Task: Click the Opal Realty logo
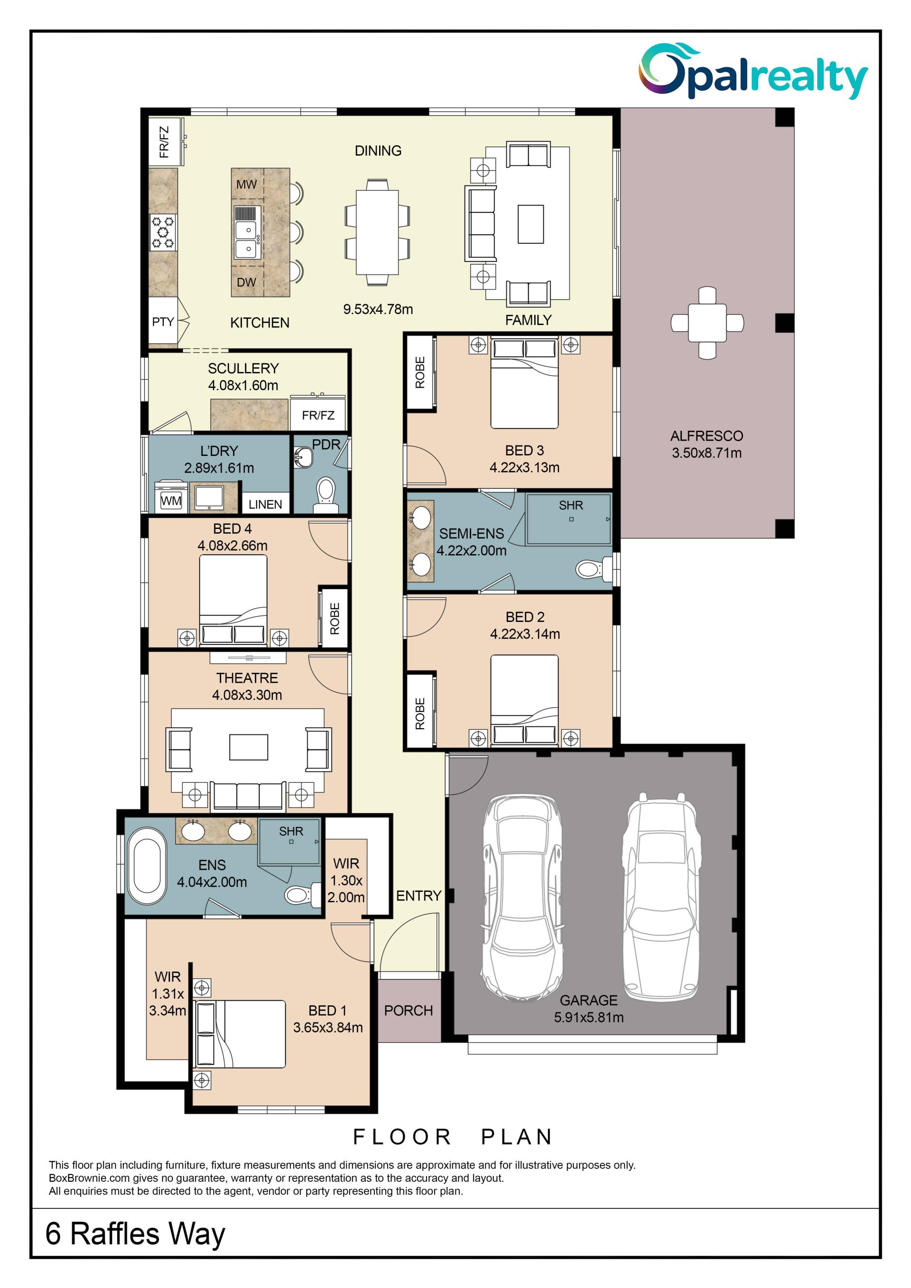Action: (x=753, y=71)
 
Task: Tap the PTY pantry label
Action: (x=163, y=322)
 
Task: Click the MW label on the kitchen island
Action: (x=246, y=185)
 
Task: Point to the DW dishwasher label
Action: (x=246, y=282)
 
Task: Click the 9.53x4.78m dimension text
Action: (x=378, y=309)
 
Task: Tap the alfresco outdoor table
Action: (x=707, y=323)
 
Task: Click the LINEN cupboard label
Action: (x=265, y=504)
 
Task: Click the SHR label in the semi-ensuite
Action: (x=571, y=505)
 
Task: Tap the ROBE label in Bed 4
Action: (x=335, y=619)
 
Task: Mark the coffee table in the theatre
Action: (x=249, y=747)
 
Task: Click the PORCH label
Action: (x=409, y=1010)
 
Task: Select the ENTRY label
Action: (x=418, y=896)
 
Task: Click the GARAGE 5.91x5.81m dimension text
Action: (x=588, y=1017)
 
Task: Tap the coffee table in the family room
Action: (x=530, y=224)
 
